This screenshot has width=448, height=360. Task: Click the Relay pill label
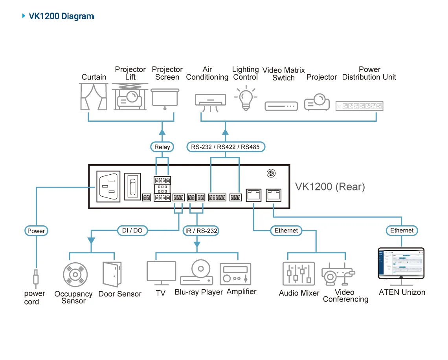[162, 147]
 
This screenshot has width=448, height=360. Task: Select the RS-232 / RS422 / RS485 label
[226, 147]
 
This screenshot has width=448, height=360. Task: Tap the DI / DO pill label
[132, 230]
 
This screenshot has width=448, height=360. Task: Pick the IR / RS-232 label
[201, 231]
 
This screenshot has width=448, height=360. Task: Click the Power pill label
[36, 231]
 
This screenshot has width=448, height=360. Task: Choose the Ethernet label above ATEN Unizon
[402, 230]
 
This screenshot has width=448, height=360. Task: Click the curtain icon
[94, 97]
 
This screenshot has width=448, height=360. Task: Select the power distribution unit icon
[360, 106]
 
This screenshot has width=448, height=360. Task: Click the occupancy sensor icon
[75, 275]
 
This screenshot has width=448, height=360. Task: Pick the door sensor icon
[112, 274]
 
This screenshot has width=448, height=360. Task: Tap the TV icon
[161, 273]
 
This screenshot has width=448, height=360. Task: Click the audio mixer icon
[299, 274]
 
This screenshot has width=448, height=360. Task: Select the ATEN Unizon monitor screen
[401, 263]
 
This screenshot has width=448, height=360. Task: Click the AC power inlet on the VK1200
[108, 186]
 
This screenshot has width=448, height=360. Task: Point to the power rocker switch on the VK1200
[132, 186]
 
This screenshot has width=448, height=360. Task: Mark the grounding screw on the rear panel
[271, 173]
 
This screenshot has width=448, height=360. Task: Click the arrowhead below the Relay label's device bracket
[162, 132]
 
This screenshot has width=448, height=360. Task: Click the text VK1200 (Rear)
[330, 187]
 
